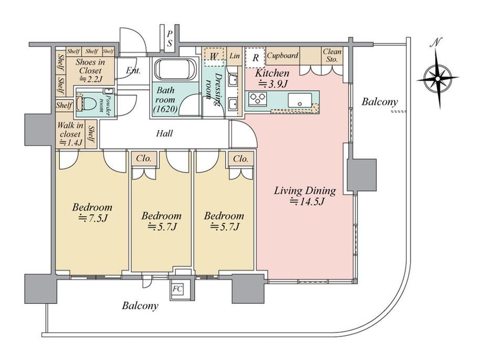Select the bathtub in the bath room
coord(175,69)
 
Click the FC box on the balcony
coord(177,289)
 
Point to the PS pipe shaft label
coord(170,38)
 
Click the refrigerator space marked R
coord(255,58)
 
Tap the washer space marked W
coord(214,56)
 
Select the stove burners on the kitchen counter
coord(258,99)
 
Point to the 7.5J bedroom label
coord(92,213)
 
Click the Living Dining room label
coord(305,196)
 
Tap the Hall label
coord(164,133)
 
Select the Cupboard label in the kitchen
coord(282,56)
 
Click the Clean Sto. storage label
coord(332,56)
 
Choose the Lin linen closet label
coord(235,56)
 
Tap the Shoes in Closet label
coord(90,70)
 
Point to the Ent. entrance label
coord(133,71)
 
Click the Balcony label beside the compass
coord(380,102)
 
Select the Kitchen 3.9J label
coord(272,78)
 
